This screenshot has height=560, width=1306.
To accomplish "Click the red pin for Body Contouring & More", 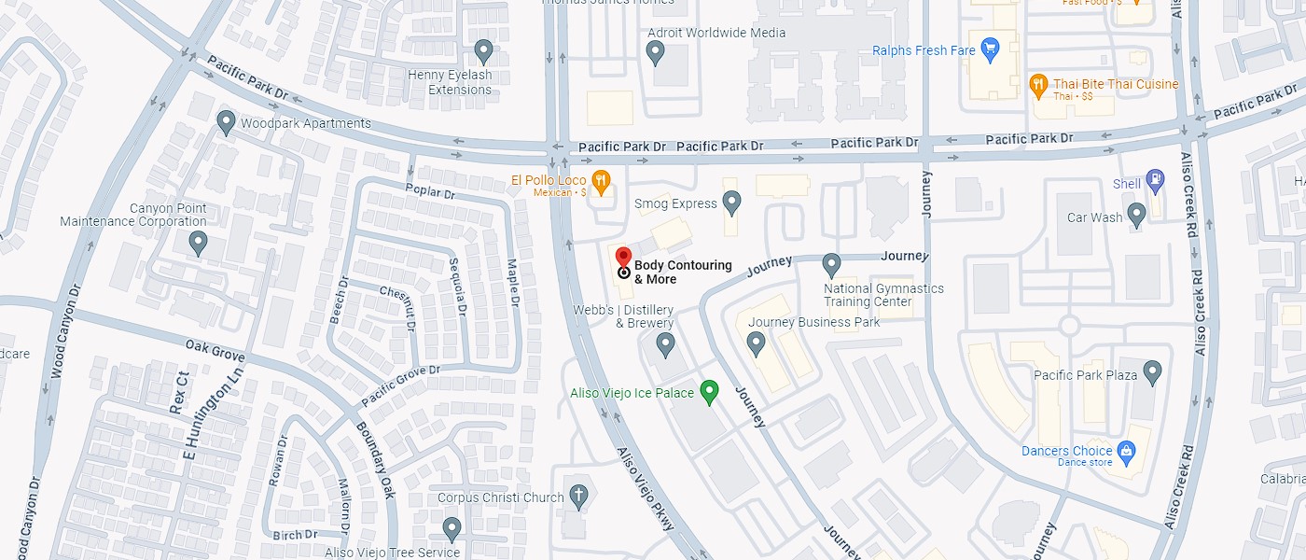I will pyautogui.click(x=624, y=258).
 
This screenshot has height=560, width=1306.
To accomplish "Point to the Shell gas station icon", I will pyautogui.click(x=1155, y=178).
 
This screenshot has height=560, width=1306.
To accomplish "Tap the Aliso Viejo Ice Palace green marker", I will pyautogui.click(x=709, y=390).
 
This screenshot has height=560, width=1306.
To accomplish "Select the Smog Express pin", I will pyautogui.click(x=732, y=201).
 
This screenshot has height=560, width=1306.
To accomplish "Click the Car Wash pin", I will pyautogui.click(x=1136, y=216).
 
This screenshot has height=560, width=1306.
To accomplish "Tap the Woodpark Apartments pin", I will pyautogui.click(x=226, y=121).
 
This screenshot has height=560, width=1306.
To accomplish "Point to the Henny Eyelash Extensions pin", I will pyautogui.click(x=483, y=50).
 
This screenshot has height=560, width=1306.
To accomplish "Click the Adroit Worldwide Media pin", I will pyautogui.click(x=655, y=52).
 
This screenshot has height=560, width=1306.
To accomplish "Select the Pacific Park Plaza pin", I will pyautogui.click(x=1153, y=372).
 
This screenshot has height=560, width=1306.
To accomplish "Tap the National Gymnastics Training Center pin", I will pyautogui.click(x=831, y=265).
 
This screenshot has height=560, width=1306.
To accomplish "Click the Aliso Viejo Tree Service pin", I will pyautogui.click(x=452, y=529).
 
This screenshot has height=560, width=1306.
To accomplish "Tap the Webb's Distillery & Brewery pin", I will pyautogui.click(x=665, y=345).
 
